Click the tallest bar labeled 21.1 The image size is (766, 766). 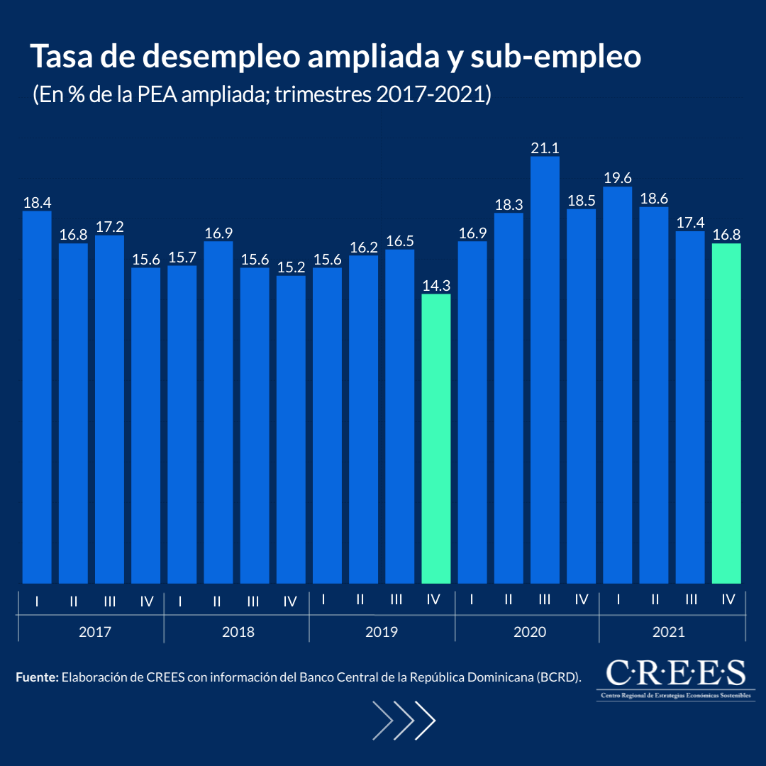(x=545, y=369)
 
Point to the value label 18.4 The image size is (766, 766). (x=37, y=203)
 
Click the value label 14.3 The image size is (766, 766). (x=435, y=285)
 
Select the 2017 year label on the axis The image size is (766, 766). (x=95, y=631)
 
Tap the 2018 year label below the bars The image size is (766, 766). (x=238, y=631)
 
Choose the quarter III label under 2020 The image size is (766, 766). (x=545, y=599)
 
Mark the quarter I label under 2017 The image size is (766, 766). (x=37, y=601)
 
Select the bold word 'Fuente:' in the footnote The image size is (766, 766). (x=37, y=677)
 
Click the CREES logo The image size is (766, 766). (x=675, y=677)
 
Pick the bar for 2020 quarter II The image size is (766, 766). (x=509, y=397)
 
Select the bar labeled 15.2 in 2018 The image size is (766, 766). (x=291, y=429)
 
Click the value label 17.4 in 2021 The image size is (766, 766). (x=689, y=223)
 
